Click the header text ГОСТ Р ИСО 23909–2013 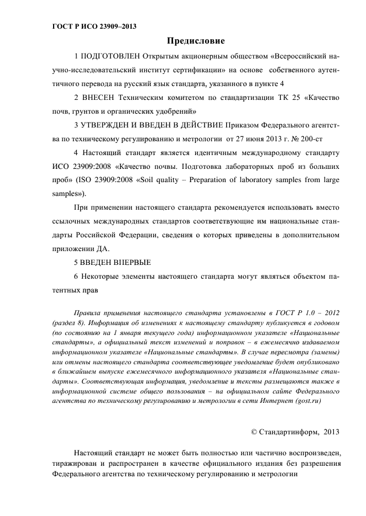(x=95, y=26)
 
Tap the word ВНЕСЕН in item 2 (x=98, y=98)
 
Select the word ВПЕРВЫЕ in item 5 (x=131, y=262)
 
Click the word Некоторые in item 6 (x=100, y=276)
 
